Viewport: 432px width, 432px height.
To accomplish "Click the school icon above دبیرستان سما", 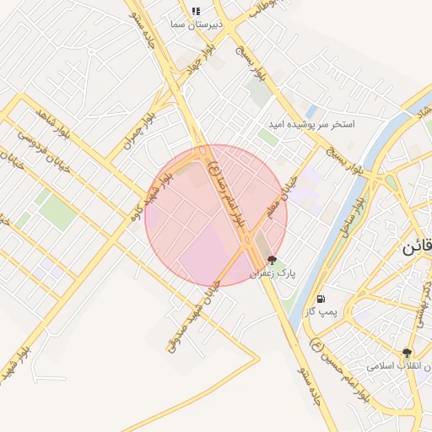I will (x=196, y=11).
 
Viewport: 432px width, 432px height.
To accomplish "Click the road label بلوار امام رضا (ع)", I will (x=229, y=185).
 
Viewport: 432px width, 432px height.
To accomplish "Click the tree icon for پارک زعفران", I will (x=271, y=261).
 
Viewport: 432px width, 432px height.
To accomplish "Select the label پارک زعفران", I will (x=273, y=274).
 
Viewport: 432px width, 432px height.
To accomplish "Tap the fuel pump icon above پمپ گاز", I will (x=321, y=300).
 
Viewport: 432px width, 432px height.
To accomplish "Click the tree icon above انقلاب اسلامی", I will (x=408, y=354).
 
